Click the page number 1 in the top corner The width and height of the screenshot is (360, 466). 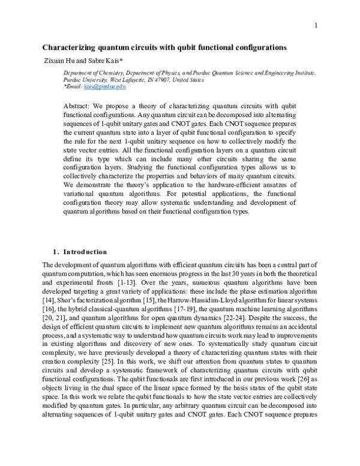click(x=314, y=25)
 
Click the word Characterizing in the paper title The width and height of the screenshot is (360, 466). click(x=71, y=47)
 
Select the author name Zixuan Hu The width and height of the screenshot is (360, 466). click(x=58, y=60)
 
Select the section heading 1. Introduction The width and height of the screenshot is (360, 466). click(x=80, y=252)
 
